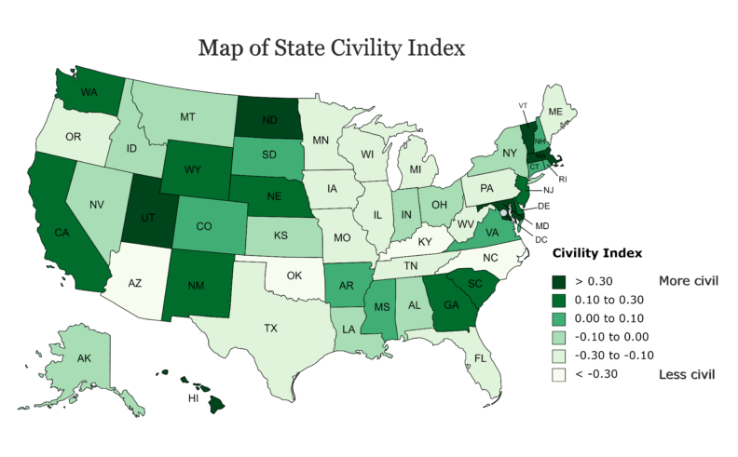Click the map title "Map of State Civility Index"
[x=332, y=47]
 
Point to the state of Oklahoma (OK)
[x=294, y=276]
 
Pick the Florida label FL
[x=481, y=357]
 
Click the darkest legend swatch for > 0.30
[x=560, y=280]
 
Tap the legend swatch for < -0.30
[x=560, y=374]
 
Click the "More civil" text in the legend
[x=687, y=280]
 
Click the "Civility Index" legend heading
[x=594, y=252]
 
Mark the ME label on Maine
[x=555, y=111]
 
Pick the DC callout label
[x=541, y=239]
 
